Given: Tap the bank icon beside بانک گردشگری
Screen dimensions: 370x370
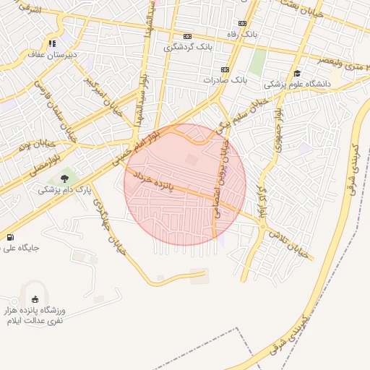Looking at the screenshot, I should pyautogui.click(x=188, y=36).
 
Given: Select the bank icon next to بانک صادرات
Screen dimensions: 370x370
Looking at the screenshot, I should pyautogui.click(x=224, y=69).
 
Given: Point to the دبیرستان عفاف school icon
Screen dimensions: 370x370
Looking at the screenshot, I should pyautogui.click(x=51, y=43).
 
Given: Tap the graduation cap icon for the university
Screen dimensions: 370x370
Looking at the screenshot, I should pyautogui.click(x=297, y=73).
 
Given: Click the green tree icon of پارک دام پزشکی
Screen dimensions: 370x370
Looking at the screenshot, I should pyautogui.click(x=64, y=178).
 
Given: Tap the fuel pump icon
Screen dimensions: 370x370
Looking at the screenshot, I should pyautogui.click(x=9, y=237).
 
